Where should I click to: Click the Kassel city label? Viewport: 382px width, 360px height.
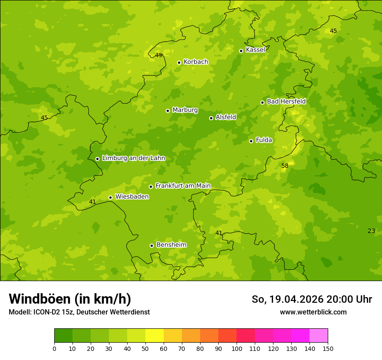click(x=255, y=50)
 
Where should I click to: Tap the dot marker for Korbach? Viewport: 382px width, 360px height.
click(x=179, y=62)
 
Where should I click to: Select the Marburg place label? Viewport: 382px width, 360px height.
click(x=185, y=110)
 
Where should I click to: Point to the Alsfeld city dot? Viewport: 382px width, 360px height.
click(x=211, y=118)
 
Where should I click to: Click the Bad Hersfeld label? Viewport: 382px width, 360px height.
click(x=286, y=101)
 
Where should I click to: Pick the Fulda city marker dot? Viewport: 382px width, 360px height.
click(x=251, y=141)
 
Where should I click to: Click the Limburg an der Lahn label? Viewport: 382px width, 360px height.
click(x=133, y=158)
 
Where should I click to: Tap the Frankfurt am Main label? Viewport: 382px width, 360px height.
click(x=183, y=186)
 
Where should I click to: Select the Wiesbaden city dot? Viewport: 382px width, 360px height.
click(x=110, y=197)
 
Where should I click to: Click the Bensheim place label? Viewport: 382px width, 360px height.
click(x=171, y=245)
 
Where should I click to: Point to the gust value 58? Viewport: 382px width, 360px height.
click(x=285, y=166)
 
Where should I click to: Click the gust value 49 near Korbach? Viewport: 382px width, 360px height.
click(x=158, y=55)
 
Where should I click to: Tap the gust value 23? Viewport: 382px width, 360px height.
click(x=371, y=231)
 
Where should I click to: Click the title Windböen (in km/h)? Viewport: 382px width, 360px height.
click(x=70, y=299)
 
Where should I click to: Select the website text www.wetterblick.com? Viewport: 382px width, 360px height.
click(x=313, y=312)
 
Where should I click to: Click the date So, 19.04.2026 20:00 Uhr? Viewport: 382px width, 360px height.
click(x=312, y=299)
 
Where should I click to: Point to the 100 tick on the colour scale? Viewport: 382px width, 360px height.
click(x=237, y=348)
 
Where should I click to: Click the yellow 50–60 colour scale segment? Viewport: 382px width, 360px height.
click(x=155, y=336)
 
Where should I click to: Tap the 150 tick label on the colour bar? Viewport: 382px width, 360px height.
click(x=328, y=348)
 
